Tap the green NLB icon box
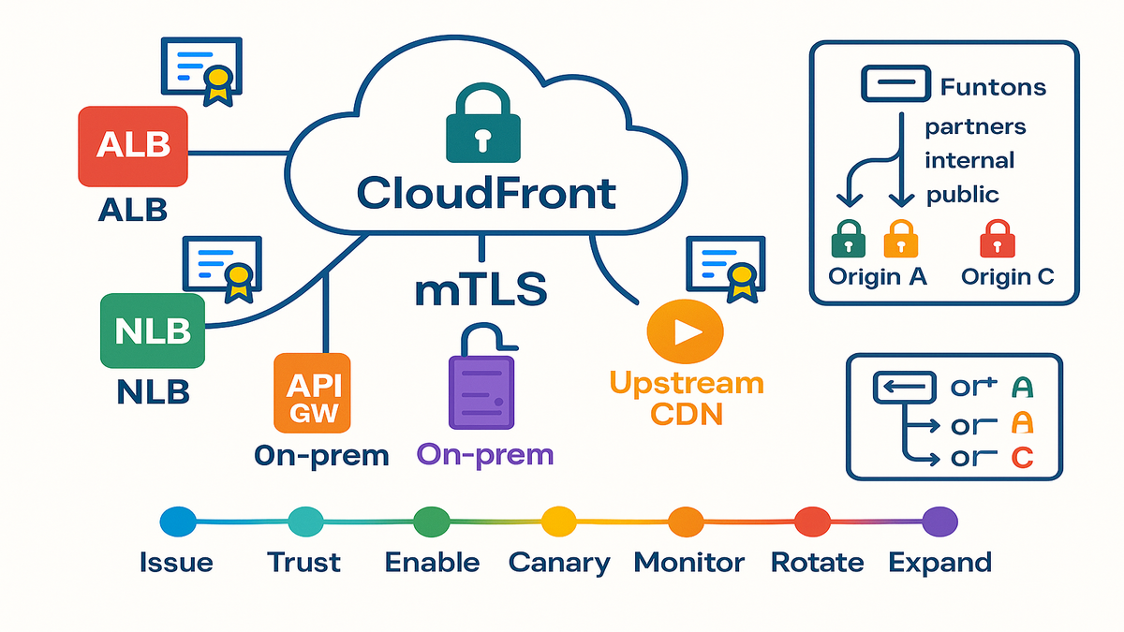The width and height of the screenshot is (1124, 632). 153,331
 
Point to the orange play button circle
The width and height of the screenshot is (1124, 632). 687,331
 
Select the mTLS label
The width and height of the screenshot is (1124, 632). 481,287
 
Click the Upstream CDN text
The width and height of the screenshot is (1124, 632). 687,398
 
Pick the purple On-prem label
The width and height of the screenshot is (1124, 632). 485,455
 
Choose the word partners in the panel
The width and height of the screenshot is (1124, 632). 975,126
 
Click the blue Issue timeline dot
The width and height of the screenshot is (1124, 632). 178,521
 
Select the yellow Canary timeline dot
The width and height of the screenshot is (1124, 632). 558,521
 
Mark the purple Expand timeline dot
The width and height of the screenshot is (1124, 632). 939,521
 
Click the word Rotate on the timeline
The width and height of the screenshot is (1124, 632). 817,563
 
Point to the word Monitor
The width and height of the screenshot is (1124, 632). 689,563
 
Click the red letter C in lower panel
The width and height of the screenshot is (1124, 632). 1023,459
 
